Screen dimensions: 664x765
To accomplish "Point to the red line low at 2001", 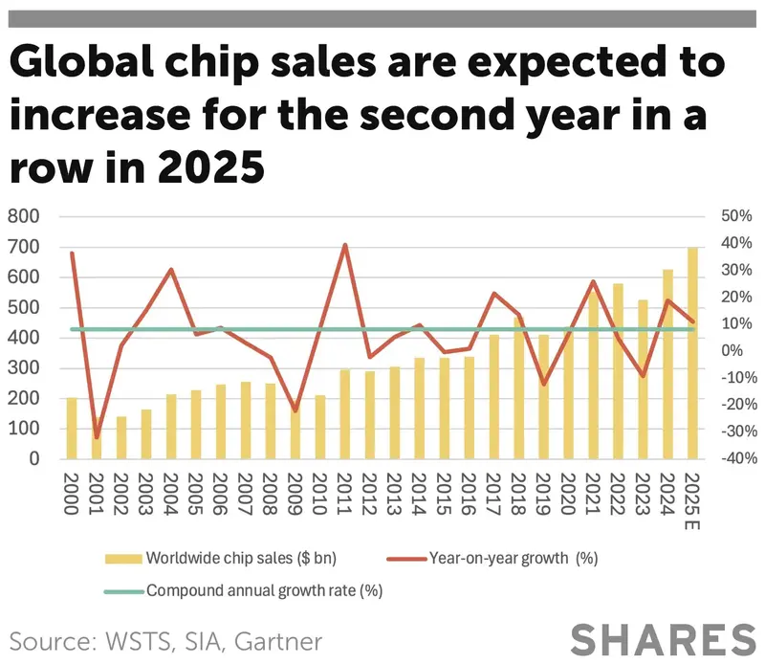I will [96, 437].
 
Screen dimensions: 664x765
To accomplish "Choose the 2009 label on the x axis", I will [295, 494].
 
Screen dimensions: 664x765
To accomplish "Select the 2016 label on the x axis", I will [469, 494].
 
